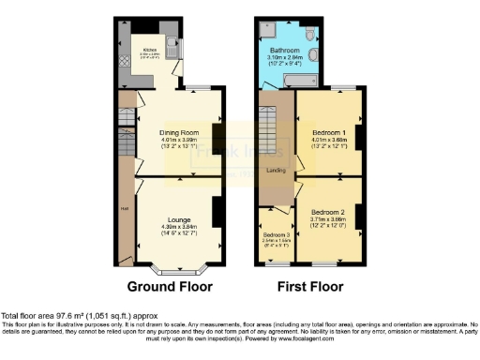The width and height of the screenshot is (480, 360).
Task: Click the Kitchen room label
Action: [x=150, y=50]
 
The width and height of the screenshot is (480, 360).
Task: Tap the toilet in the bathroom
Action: [x=313, y=34]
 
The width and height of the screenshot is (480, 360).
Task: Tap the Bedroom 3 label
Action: [x=275, y=234]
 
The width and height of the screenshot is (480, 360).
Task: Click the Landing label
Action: [x=276, y=171]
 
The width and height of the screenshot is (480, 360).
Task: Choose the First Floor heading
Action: [x=310, y=287]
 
